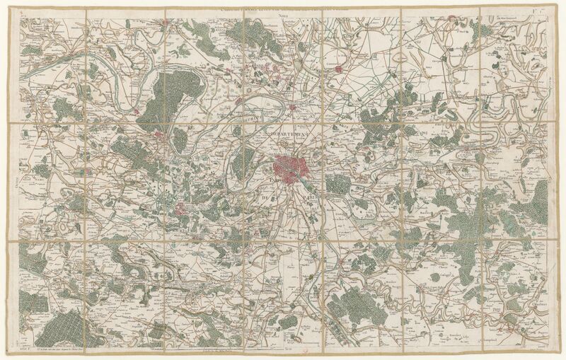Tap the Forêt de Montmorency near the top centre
point(255,42)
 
